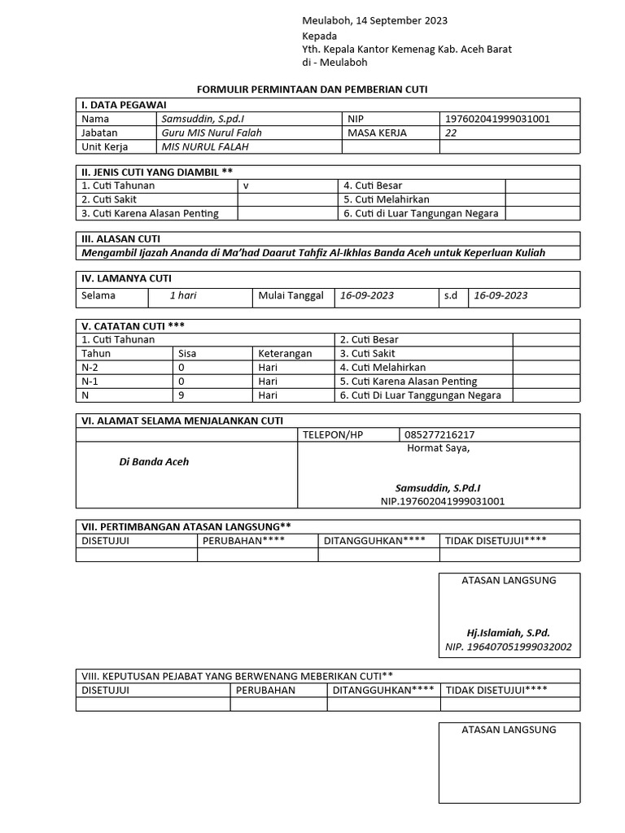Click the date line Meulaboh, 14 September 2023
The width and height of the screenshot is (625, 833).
click(374, 20)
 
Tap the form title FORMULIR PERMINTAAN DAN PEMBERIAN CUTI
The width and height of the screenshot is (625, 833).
click(313, 89)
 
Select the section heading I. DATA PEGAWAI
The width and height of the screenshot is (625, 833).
click(122, 105)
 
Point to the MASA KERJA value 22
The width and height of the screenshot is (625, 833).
click(452, 133)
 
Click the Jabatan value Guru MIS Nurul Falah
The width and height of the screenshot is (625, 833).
click(212, 133)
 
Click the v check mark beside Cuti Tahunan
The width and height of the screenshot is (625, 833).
click(245, 185)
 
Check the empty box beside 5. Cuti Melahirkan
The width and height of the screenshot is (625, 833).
click(542, 199)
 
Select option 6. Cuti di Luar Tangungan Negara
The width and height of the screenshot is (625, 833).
click(421, 214)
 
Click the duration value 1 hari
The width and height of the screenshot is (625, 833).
click(183, 295)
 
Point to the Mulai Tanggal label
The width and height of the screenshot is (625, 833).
click(291, 295)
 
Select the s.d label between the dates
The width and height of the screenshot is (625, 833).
click(451, 295)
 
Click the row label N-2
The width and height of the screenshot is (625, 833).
click(90, 368)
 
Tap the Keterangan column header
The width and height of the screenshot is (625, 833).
click(285, 354)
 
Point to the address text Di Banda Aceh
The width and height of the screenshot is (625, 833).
click(154, 462)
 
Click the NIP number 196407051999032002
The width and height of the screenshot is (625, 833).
click(509, 648)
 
